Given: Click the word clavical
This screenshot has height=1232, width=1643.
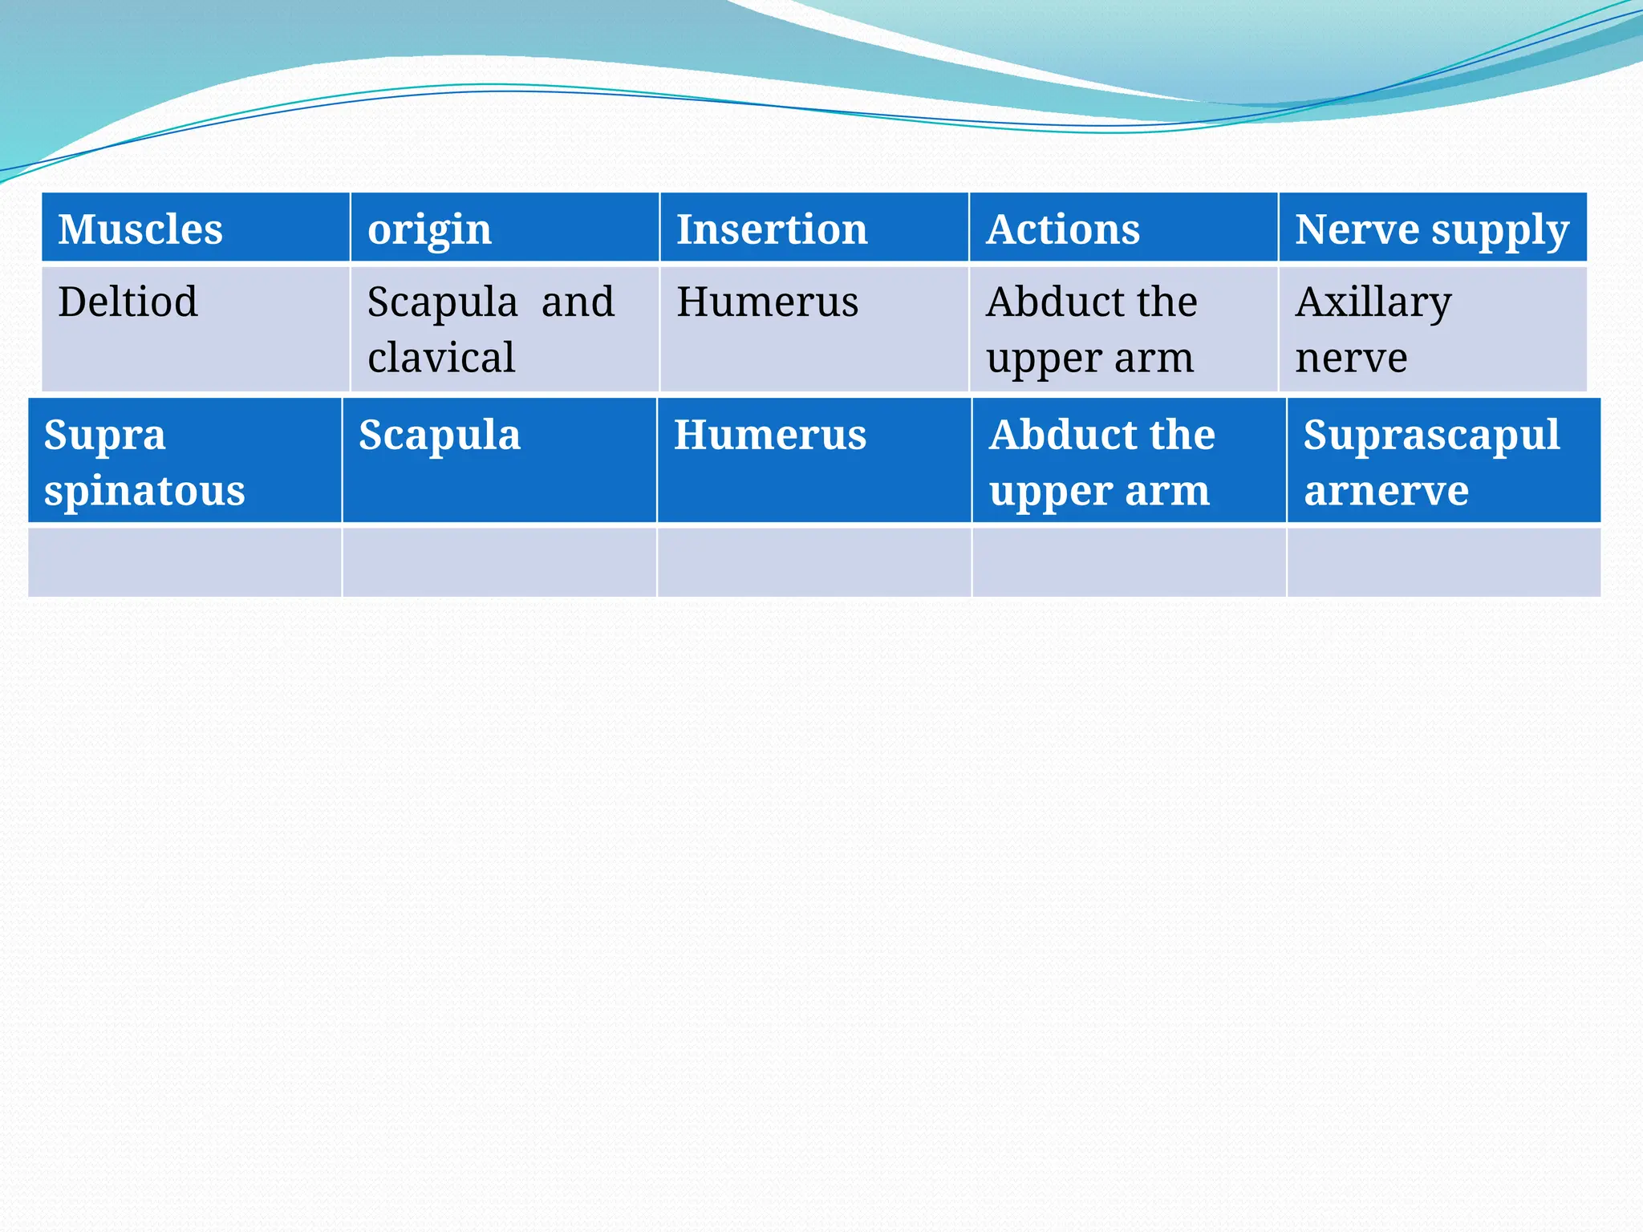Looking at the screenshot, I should click(x=441, y=358).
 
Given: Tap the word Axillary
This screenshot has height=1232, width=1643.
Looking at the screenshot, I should click(x=1373, y=303).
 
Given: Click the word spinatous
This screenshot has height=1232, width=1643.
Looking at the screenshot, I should click(x=144, y=491).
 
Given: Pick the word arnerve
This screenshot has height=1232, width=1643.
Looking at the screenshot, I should click(x=1386, y=491).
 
